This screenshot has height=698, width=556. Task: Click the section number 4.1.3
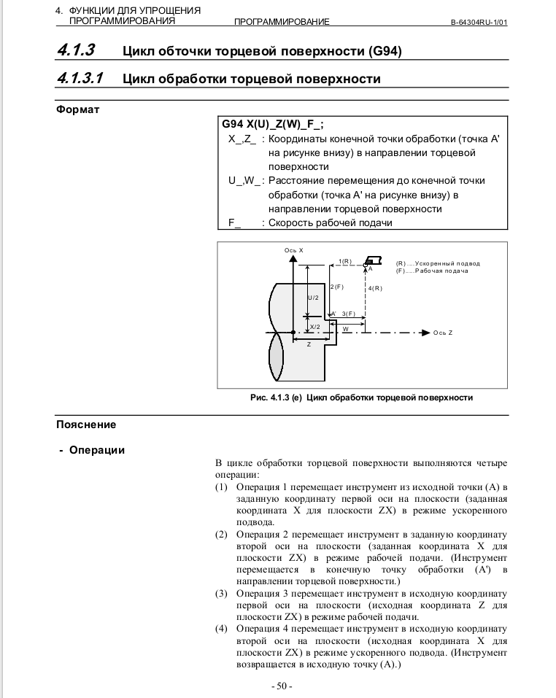pyautogui.click(x=76, y=50)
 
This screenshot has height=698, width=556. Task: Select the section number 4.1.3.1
pyautogui.click(x=81, y=78)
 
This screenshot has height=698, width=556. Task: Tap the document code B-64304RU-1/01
pyautogui.click(x=479, y=22)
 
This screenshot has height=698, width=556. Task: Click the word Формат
pyautogui.click(x=78, y=109)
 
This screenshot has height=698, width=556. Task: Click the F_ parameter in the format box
pyautogui.click(x=233, y=222)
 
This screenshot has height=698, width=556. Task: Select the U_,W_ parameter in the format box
pyautogui.click(x=244, y=180)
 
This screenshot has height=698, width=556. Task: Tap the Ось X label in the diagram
pyautogui.click(x=293, y=250)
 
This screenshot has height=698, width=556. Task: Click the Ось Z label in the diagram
pyautogui.click(x=443, y=333)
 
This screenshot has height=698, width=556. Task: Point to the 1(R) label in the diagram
pyautogui.click(x=345, y=260)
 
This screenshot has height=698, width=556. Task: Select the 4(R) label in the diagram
pyautogui.click(x=375, y=288)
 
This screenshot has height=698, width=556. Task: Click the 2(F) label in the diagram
pyautogui.click(x=336, y=287)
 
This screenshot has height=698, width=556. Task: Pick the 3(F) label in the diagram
pyautogui.click(x=348, y=313)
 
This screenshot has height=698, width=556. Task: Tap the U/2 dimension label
pyautogui.click(x=312, y=298)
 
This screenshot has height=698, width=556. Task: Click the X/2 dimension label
pyautogui.click(x=315, y=326)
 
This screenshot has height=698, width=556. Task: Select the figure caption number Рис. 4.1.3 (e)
pyautogui.click(x=276, y=398)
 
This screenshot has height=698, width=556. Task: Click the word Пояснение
pyautogui.click(x=86, y=424)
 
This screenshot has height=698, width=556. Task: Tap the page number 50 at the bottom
pyautogui.click(x=281, y=686)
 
